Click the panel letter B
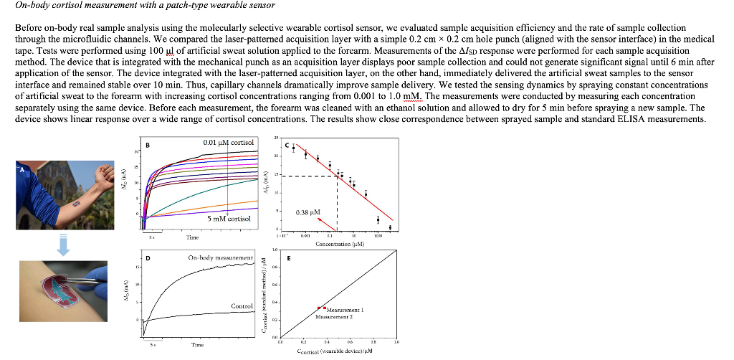tap(148, 146)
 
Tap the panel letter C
tap(287, 146)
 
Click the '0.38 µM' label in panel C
tap(308, 212)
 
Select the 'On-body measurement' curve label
tap(221, 257)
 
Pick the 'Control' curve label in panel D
tap(242, 306)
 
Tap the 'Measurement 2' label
tap(334, 316)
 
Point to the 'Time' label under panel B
tap(192, 237)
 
